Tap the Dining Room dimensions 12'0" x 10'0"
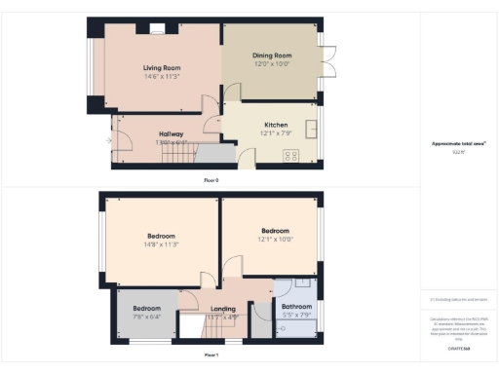coord(272,64)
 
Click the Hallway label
coord(172,134)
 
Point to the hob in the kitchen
coord(290,156)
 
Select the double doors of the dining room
coord(328,60)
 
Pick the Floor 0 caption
coord(211,180)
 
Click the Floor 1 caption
coord(211,356)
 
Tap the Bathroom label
coord(296,307)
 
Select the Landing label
coord(223,308)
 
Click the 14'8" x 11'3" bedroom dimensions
coord(162,243)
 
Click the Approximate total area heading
coord(458,143)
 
